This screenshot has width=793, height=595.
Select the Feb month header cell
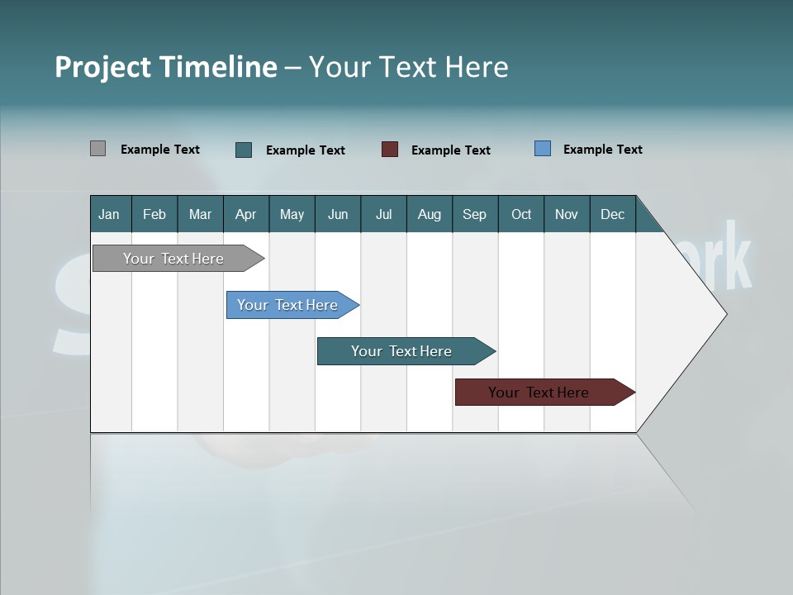[x=154, y=214]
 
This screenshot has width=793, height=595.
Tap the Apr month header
[x=246, y=214]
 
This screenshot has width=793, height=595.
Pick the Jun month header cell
[x=338, y=214]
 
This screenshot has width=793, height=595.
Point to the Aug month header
[x=430, y=214]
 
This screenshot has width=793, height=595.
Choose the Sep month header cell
[x=475, y=214]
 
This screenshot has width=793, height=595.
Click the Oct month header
[x=521, y=214]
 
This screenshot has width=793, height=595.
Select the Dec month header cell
[x=613, y=214]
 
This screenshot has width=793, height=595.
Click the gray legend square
[x=97, y=149]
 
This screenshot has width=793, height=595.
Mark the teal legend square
[x=244, y=150]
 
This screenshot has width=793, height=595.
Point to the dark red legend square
[x=390, y=150]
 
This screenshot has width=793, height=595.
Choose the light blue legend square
[x=543, y=149]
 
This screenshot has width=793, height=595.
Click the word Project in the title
[x=102, y=67]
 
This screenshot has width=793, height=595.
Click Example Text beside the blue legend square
[x=602, y=150]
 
